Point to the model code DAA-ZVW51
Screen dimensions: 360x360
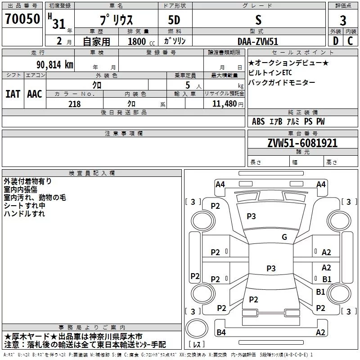(x=258, y=41)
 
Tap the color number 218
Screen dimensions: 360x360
(x=74, y=103)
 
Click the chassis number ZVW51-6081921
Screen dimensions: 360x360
(x=302, y=143)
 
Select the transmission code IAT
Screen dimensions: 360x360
(x=13, y=94)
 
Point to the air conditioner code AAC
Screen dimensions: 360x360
(x=35, y=94)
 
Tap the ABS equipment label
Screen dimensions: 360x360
(x=258, y=121)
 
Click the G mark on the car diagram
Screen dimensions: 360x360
(x=284, y=237)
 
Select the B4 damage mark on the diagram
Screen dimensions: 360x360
(x=221, y=333)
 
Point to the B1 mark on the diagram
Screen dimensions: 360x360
(x=327, y=279)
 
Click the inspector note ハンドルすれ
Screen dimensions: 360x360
(x=24, y=214)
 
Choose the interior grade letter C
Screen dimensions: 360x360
(x=351, y=41)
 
